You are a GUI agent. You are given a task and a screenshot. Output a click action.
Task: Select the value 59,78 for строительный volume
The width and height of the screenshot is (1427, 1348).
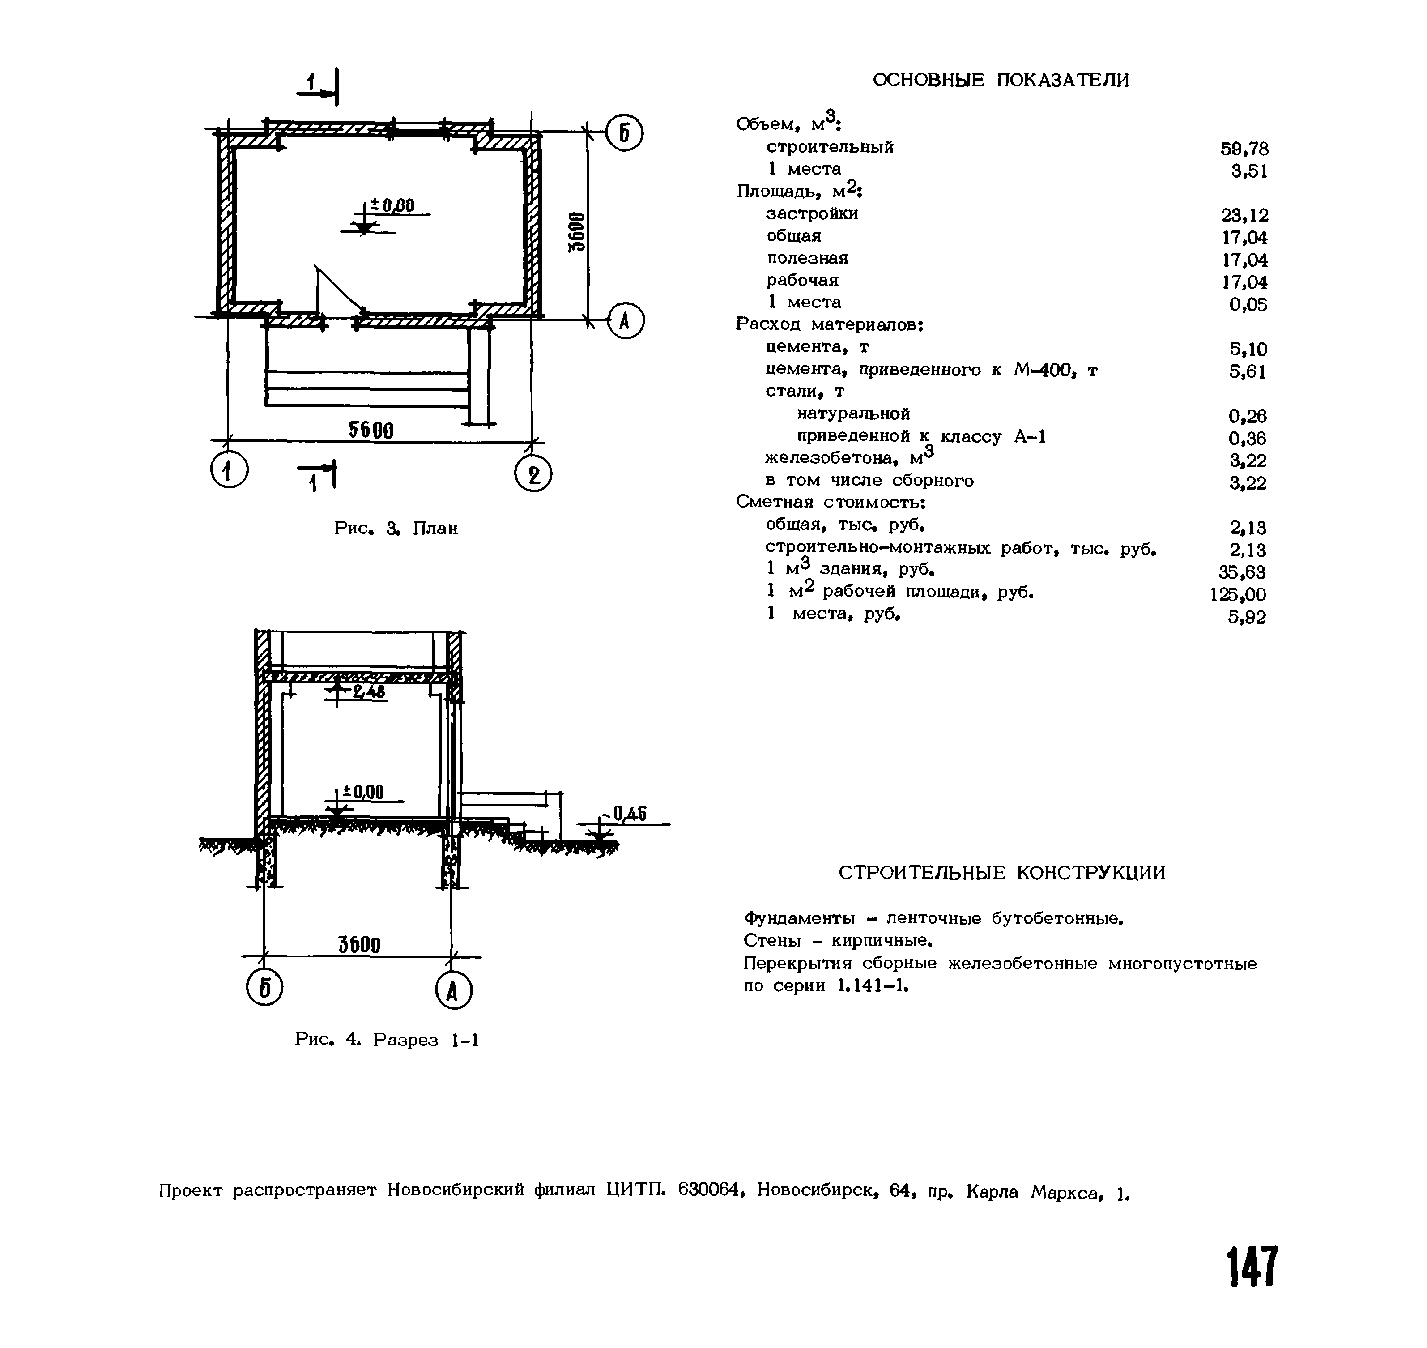pyautogui.click(x=1244, y=149)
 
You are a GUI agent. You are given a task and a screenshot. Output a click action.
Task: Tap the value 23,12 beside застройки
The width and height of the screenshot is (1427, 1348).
pyautogui.click(x=1244, y=215)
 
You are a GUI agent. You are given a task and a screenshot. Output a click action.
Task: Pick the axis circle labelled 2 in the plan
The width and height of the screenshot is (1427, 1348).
pyautogui.click(x=533, y=475)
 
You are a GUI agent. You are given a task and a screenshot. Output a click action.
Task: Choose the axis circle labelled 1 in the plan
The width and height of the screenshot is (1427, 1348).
pyautogui.click(x=229, y=471)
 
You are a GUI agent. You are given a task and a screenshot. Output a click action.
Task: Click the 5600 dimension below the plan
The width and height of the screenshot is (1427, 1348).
pyautogui.click(x=371, y=430)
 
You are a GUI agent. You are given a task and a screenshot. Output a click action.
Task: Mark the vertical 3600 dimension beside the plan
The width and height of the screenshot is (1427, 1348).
pyautogui.click(x=577, y=231)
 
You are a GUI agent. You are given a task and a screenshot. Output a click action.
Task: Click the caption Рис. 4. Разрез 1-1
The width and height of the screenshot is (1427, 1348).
pyautogui.click(x=387, y=1040)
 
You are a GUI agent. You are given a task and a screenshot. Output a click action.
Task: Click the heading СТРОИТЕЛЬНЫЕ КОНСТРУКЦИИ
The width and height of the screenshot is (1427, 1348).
pyautogui.click(x=1001, y=873)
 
